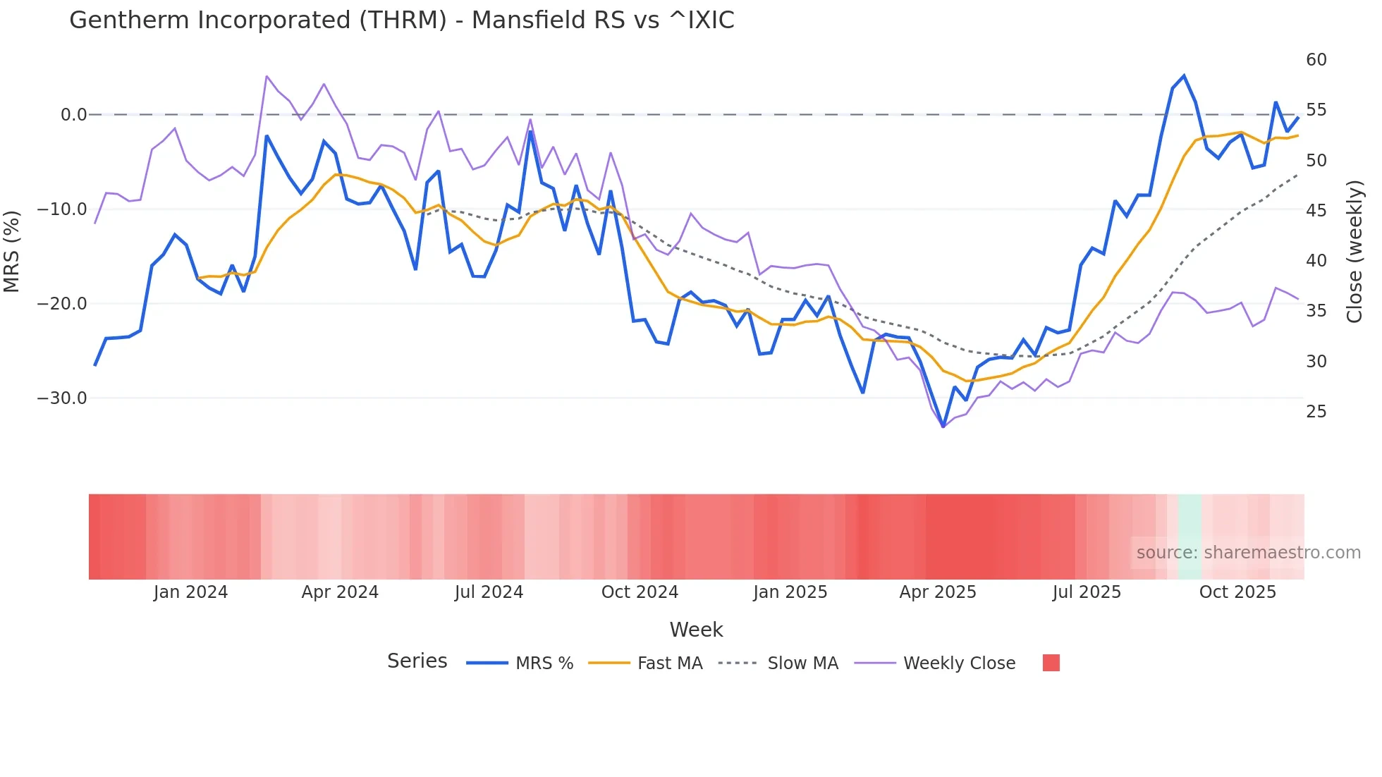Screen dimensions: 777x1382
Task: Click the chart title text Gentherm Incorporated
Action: [x=401, y=20]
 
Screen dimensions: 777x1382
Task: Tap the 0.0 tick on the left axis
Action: [x=73, y=115]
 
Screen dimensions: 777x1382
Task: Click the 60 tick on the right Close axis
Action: [x=1316, y=60]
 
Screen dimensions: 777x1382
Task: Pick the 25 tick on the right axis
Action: [x=1316, y=412]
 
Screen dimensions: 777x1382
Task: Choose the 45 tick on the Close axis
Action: [x=1316, y=211]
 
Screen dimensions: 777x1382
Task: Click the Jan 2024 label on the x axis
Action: [x=190, y=592]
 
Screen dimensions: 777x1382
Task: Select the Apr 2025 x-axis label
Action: [x=937, y=592]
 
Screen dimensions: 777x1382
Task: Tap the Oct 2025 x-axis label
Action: [x=1237, y=592]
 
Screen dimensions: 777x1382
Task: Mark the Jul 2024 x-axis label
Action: [x=489, y=592]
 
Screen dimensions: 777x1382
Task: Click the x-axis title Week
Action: [x=696, y=630]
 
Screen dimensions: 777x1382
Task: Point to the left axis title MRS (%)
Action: [x=12, y=252]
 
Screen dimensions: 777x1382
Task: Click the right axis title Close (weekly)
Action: [x=1355, y=252]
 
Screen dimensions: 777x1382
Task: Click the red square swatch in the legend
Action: [x=1051, y=663]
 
